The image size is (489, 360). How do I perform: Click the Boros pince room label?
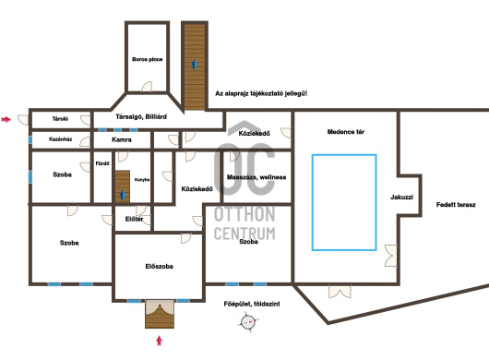click(148, 59)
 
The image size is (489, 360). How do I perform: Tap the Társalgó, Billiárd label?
click(141, 116)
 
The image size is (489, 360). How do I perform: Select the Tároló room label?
click(60, 119)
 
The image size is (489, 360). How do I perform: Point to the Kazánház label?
click(61, 139)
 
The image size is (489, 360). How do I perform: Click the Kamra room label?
click(122, 139)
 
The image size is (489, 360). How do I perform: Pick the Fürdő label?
click(102, 163)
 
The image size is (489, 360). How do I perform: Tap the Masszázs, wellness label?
click(256, 177)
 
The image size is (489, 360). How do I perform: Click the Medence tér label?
click(346, 132)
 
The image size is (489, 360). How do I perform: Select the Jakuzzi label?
click(401, 198)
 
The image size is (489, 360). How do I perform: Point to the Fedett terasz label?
click(456, 205)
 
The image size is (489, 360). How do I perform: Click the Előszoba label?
click(159, 267)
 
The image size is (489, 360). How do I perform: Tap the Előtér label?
click(134, 220)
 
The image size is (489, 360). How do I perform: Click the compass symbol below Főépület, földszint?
click(248, 322)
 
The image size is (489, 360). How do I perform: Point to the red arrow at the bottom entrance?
click(160, 341)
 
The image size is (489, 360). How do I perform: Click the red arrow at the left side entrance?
click(6, 119)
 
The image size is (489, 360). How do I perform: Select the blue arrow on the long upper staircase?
click(195, 65)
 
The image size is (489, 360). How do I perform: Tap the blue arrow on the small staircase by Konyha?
click(123, 195)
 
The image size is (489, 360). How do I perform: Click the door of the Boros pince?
click(148, 87)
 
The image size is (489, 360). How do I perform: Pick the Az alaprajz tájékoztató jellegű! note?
click(261, 93)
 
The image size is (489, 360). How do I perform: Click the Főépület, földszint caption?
click(252, 304)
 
